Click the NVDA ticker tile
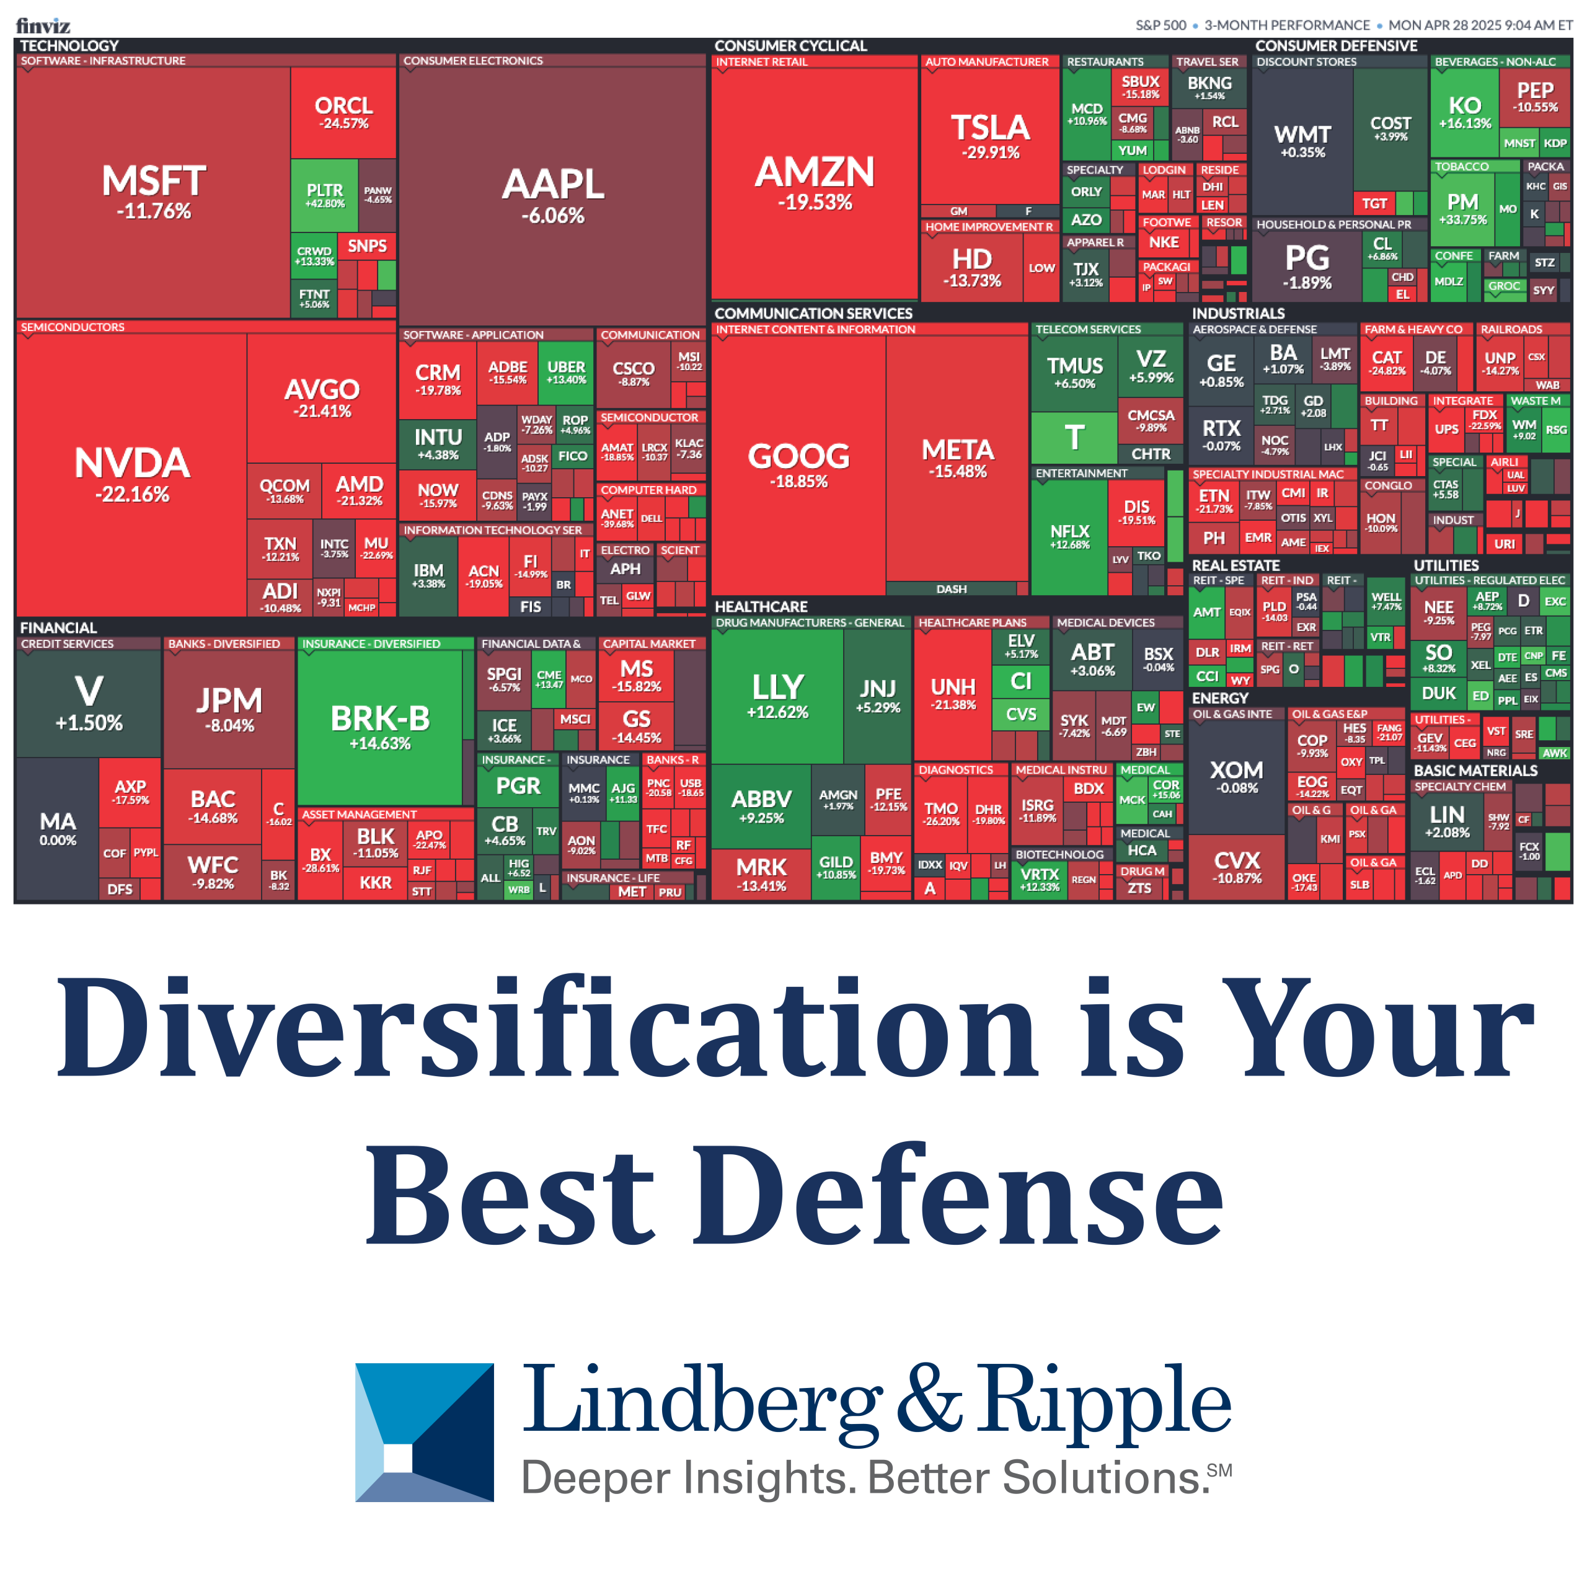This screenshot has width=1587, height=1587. click(131, 473)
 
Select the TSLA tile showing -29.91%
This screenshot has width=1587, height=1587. click(990, 136)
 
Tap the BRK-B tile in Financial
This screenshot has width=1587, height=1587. click(379, 727)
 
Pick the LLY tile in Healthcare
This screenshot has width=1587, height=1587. click(777, 694)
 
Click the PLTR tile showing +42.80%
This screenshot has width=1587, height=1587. click(324, 195)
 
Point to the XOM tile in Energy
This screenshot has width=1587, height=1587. click(1236, 776)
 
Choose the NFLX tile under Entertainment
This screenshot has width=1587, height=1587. click(1069, 536)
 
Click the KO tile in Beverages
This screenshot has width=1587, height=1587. click(1465, 112)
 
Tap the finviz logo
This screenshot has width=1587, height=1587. click(43, 25)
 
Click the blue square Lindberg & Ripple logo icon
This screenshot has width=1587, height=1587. click(424, 1433)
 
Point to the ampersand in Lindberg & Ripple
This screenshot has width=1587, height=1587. click(928, 1400)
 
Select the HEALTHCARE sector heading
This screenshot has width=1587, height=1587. click(761, 606)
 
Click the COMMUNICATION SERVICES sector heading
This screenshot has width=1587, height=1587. click(813, 313)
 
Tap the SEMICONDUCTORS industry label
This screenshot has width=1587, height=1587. click(73, 327)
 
